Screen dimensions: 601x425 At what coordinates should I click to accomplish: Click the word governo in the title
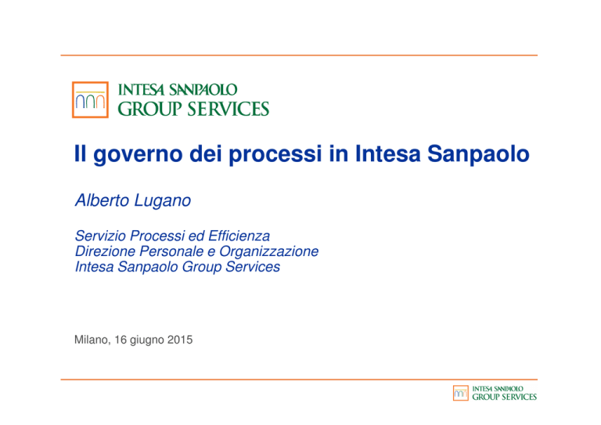pos(138,154)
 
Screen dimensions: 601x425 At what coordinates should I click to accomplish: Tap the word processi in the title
pos(275,154)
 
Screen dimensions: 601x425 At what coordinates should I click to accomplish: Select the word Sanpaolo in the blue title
pos(478,154)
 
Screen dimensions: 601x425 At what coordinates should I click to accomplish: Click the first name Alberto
pos(102,200)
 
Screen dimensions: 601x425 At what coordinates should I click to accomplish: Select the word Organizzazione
pos(268,251)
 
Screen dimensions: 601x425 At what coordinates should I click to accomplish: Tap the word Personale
pos(171,251)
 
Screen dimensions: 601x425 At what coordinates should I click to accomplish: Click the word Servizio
pos(101,236)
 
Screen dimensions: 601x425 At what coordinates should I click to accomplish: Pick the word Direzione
pos(106,251)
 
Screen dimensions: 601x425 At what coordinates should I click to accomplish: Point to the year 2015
pos(180,340)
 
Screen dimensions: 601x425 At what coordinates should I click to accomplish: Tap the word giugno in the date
pos(147,340)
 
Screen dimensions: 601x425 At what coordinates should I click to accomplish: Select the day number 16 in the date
pos(121,340)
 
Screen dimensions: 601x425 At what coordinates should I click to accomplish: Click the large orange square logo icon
pos(90,99)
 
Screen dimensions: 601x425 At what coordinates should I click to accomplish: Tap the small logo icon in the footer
pos(461,393)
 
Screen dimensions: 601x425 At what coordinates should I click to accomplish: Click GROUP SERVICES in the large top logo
pos(193,109)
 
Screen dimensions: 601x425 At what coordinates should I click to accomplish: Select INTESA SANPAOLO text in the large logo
pos(178,90)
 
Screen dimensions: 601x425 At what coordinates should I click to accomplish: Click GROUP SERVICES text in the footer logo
pos(505,397)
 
